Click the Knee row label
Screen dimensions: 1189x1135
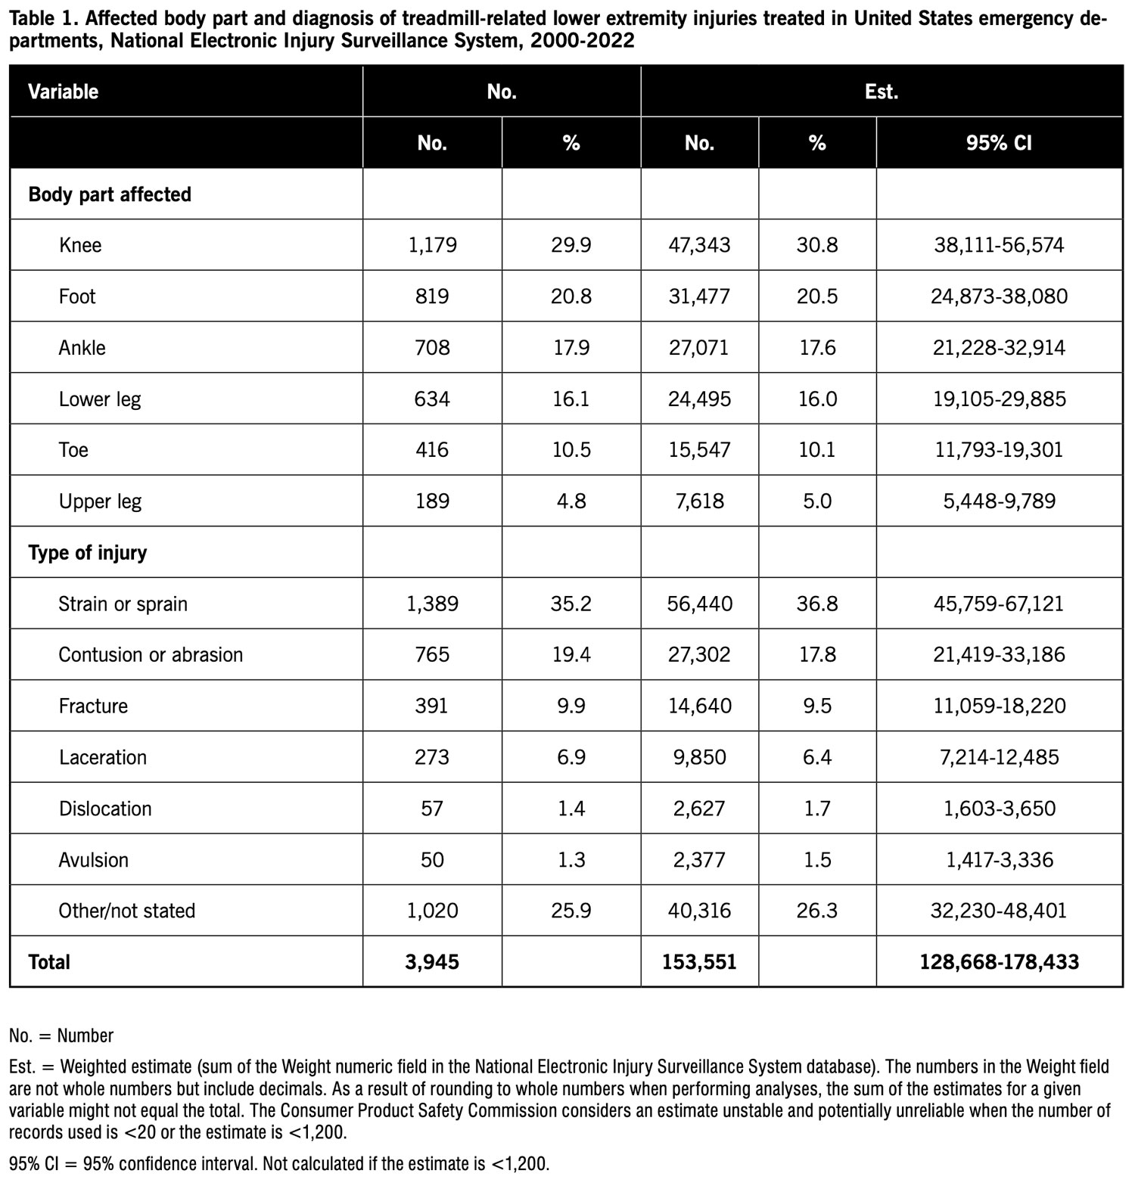80,245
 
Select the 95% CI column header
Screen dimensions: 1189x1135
999,143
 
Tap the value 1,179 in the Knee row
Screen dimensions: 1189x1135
432,245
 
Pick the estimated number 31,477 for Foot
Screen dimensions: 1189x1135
699,296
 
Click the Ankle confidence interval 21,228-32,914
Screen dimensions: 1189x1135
999,348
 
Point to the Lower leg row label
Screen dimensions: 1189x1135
100,399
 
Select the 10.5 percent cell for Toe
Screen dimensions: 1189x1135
571,450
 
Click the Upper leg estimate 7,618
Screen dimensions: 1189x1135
699,501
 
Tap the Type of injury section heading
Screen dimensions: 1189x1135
88,553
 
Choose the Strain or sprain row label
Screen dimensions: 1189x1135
123,604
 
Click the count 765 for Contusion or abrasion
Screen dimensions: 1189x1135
432,655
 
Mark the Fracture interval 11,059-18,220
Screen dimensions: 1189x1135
999,706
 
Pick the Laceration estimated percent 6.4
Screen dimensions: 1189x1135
817,757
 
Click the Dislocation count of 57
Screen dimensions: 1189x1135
432,809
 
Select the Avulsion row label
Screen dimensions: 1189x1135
94,860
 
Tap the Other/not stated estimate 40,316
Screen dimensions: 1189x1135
699,911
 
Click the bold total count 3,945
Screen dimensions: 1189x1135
432,962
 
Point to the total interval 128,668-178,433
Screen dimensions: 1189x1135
999,962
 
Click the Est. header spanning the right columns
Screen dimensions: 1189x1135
882,92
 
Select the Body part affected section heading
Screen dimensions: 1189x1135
110,194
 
